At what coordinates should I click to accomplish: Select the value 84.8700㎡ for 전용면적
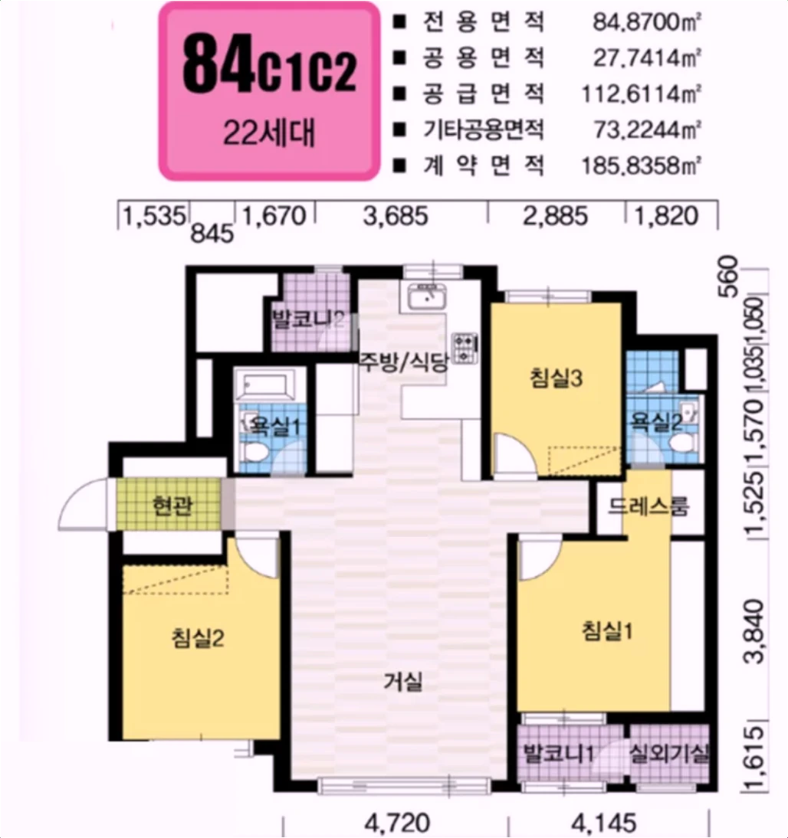[x=648, y=23]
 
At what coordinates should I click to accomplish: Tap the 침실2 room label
[x=198, y=637]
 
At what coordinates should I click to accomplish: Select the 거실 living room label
[x=403, y=681]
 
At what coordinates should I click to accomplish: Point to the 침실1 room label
[x=606, y=632]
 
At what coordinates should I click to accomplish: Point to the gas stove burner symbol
[x=466, y=346]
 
